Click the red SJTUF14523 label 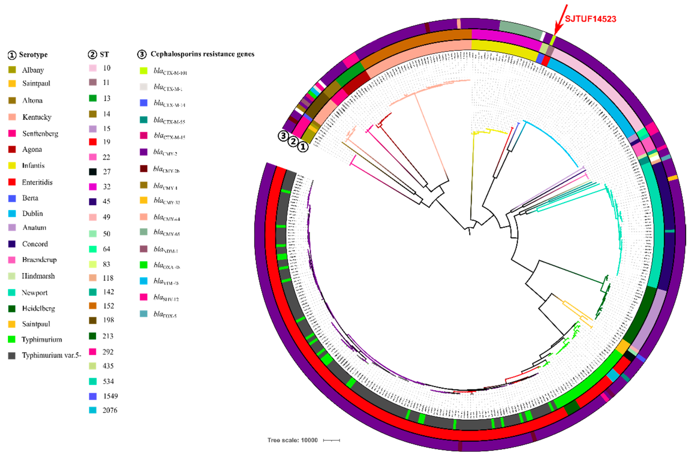tap(590, 19)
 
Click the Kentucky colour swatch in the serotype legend tap(12, 117)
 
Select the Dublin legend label tap(32, 213)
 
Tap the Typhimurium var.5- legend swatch tap(12, 355)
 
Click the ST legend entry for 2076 tap(110, 410)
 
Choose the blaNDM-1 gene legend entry tap(166, 249)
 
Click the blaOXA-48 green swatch tap(143, 265)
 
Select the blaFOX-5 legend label tap(165, 314)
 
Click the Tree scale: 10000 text tap(292, 440)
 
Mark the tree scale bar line tap(331, 440)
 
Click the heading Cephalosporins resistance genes tap(202, 54)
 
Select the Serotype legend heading tap(33, 55)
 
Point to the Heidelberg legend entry tap(38, 309)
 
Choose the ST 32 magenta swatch tap(93, 187)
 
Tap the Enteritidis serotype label tap(37, 182)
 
